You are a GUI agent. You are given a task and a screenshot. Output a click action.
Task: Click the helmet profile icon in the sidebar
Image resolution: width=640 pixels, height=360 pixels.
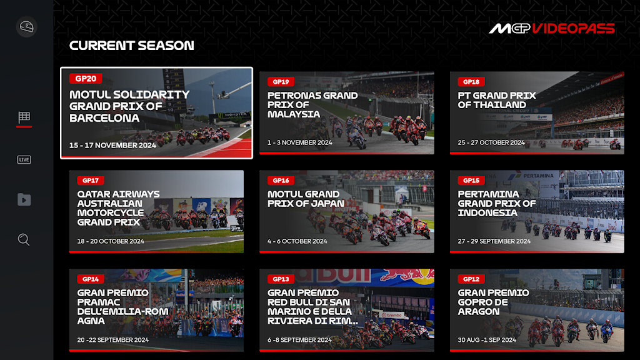click(26, 27)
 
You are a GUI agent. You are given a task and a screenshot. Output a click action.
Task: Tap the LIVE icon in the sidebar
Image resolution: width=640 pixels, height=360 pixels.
click(24, 159)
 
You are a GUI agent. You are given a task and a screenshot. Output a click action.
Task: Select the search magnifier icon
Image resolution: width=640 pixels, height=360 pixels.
click(24, 239)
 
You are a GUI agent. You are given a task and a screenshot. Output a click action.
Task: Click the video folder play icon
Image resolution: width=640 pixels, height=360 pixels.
click(24, 199)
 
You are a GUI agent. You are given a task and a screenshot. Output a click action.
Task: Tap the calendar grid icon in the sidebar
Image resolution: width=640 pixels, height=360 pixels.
click(24, 117)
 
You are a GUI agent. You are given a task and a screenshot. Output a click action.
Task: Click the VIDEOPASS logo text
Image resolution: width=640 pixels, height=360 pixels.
click(574, 29)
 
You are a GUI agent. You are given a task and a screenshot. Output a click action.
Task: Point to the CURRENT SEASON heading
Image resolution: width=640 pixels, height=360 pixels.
click(131, 45)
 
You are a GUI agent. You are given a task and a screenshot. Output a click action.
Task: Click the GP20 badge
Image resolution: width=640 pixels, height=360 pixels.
click(86, 78)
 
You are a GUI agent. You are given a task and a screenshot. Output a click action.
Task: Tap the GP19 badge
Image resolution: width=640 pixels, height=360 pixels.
click(281, 82)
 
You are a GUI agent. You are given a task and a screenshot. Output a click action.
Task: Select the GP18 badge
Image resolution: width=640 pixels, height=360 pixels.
click(471, 82)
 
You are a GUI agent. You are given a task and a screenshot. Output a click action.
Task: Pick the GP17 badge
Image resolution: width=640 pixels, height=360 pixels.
click(91, 181)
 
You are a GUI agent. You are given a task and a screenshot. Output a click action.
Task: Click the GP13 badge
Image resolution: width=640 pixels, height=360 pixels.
click(281, 279)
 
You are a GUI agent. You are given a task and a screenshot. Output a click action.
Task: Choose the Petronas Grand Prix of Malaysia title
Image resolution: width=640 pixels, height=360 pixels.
click(312, 105)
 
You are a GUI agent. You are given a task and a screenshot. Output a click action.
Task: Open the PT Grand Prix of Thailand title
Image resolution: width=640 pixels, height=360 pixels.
click(497, 100)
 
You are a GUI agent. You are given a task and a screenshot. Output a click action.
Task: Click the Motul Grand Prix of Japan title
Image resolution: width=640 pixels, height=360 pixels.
click(306, 199)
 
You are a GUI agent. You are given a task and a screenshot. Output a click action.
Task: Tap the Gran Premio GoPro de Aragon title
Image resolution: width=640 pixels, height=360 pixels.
click(493, 302)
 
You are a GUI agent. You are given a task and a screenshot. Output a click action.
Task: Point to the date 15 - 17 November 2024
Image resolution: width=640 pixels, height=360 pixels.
click(112, 145)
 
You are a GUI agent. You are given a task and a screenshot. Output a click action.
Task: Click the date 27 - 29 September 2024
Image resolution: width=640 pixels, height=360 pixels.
click(494, 241)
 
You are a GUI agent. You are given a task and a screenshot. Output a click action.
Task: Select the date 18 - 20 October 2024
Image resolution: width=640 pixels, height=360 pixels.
click(111, 241)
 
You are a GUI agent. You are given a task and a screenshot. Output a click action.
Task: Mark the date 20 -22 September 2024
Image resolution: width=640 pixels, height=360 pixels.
click(113, 340)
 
